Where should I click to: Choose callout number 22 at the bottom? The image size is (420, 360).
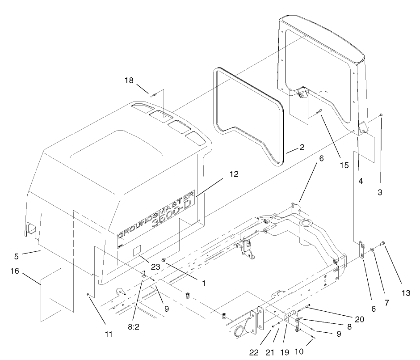pos(254,352)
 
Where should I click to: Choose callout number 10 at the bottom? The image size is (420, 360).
pos(298,352)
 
